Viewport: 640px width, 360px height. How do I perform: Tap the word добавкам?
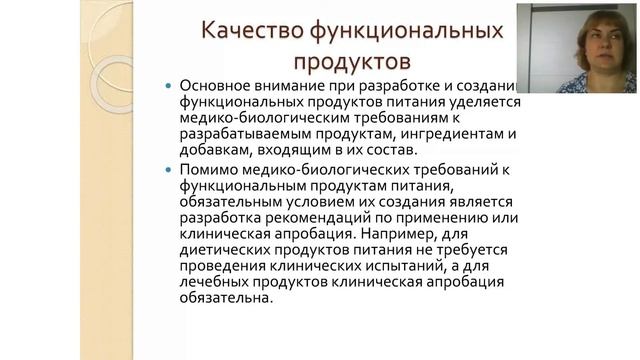point(214,151)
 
